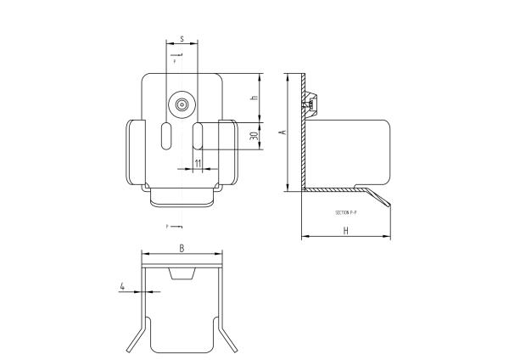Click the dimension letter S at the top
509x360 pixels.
coord(182,39)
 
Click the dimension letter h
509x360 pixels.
coord(254,98)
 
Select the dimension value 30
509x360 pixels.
coord(254,137)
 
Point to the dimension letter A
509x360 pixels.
coord(284,132)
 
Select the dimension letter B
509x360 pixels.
coord(182,248)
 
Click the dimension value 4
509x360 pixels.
coord(123,287)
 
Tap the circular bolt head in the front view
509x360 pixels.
coord(182,104)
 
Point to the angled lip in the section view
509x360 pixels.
coord(381,196)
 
